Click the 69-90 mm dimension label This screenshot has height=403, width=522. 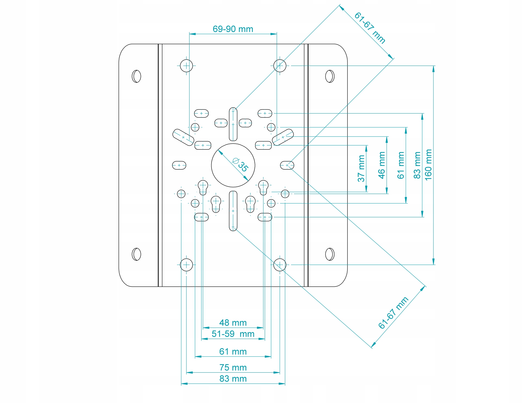point(233,29)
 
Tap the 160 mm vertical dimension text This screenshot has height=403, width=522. point(428,165)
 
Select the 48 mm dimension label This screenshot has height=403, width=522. point(233,323)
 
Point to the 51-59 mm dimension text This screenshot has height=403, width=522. point(233,334)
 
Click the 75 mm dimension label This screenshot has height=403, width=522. point(233,367)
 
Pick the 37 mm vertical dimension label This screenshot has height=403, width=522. point(361,168)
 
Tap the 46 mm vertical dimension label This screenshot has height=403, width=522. point(382,165)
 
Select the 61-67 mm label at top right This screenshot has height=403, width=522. point(370,28)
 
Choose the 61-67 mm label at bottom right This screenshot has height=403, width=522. point(393,313)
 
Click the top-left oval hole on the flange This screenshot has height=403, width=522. point(136,76)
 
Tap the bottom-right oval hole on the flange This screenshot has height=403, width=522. point(330,254)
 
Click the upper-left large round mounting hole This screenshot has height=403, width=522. point(187,66)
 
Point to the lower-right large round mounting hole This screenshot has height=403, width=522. point(280,265)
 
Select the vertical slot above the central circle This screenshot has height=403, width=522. point(233,124)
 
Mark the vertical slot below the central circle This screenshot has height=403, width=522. point(233,211)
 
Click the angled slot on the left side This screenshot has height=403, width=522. point(183,137)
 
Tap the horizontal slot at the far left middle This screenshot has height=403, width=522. point(179,165)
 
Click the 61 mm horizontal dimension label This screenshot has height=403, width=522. point(233,351)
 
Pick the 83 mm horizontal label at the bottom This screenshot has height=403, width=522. point(233,379)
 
